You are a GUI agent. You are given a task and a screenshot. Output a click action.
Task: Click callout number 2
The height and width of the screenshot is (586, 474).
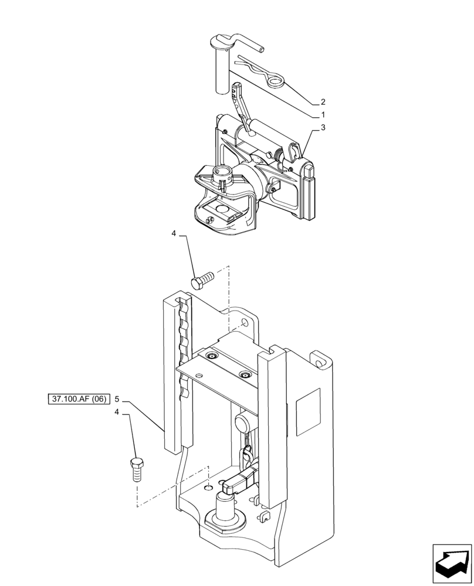(x=323, y=101)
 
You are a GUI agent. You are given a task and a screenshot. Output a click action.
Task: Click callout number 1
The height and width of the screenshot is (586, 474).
(x=323, y=115)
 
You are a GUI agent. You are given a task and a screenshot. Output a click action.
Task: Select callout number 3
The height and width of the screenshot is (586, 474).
(x=323, y=127)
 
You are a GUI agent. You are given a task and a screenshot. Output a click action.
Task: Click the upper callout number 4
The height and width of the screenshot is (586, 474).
(x=174, y=234)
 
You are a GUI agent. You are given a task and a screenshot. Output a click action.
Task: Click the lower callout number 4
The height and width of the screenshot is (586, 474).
(x=117, y=412)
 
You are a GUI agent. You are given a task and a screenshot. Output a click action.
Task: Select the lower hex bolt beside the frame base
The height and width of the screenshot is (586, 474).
(x=136, y=468)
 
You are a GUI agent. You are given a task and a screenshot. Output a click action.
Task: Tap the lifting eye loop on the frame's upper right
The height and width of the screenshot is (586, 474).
(x=319, y=359)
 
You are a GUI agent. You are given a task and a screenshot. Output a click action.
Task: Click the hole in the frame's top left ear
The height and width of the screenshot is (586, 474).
(x=244, y=322)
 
